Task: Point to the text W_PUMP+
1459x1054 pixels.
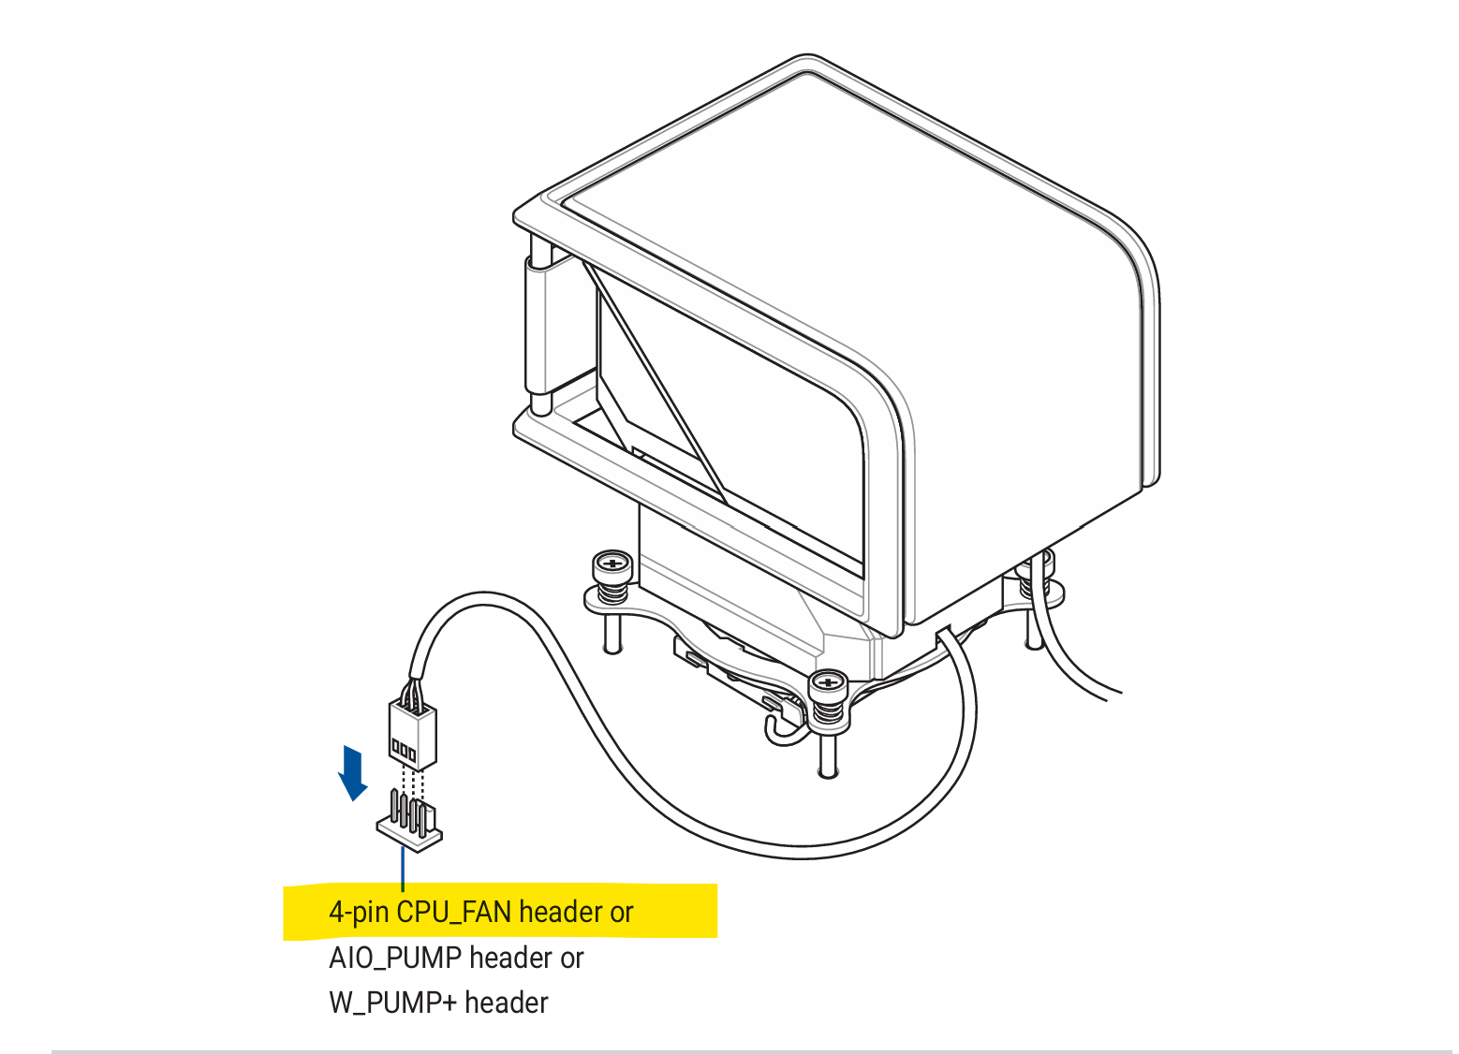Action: point(393,1003)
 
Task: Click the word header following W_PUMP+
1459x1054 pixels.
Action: point(506,1003)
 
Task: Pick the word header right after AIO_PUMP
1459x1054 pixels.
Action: point(510,958)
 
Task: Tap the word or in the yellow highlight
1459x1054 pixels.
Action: point(622,914)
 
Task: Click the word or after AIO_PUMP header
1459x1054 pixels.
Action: point(571,959)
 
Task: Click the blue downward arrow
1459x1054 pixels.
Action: point(352,773)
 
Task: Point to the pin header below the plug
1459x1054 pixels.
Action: point(409,821)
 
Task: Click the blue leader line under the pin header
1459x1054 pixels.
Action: point(404,869)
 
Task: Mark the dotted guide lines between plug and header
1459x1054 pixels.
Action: point(412,784)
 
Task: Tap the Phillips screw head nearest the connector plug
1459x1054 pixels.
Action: point(612,563)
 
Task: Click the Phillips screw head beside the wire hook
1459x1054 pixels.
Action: point(828,682)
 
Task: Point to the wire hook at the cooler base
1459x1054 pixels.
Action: point(782,728)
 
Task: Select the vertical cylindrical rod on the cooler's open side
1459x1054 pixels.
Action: point(540,326)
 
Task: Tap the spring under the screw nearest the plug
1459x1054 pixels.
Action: point(612,592)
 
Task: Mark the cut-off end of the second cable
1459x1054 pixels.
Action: point(1113,696)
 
